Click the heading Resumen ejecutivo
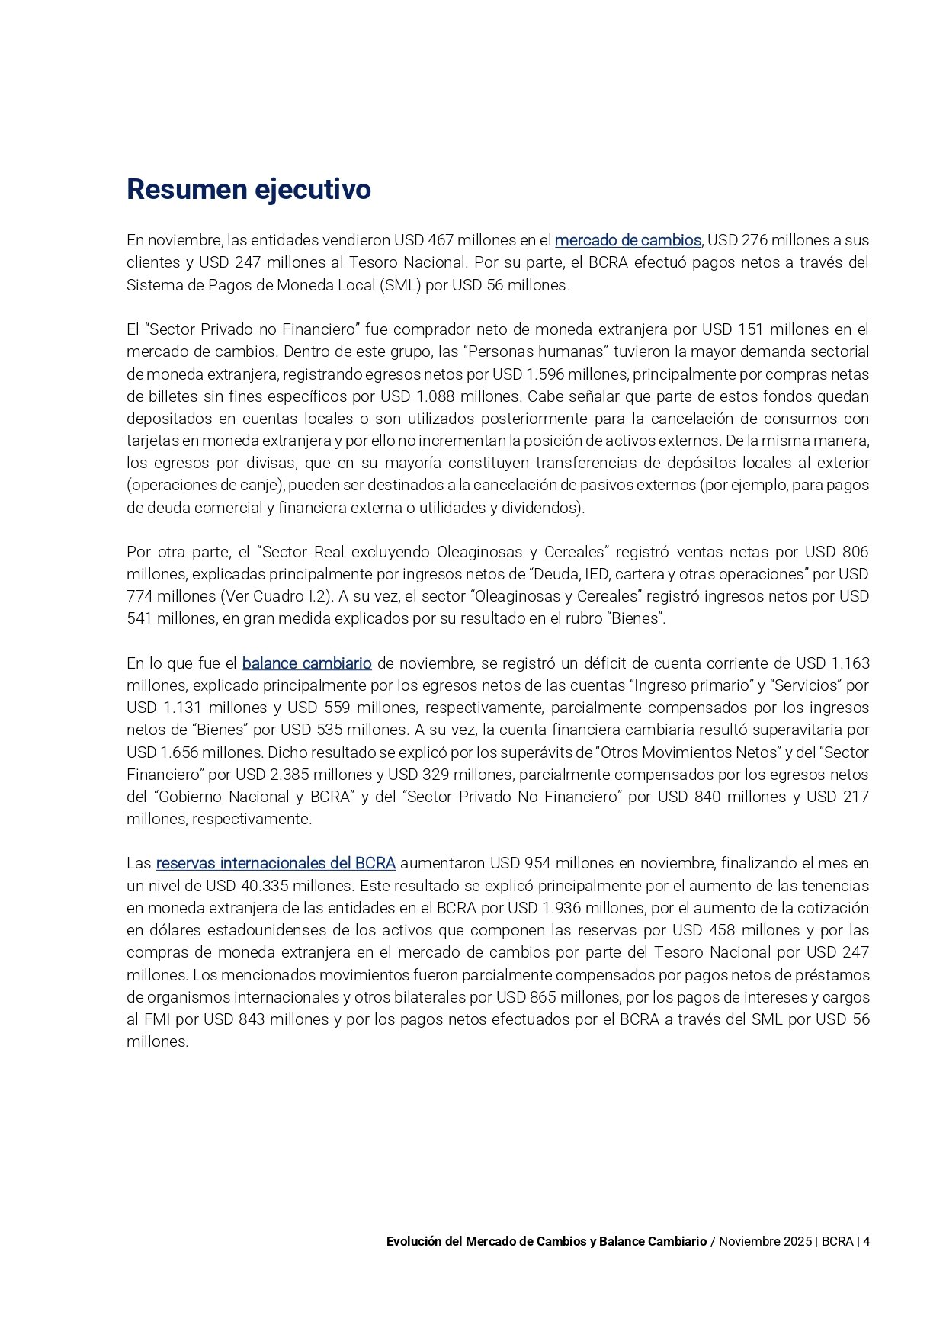pos(249,189)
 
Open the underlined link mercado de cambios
pos(627,240)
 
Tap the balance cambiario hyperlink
pos(306,663)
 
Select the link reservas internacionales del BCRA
pos(275,863)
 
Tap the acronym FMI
pos(158,1019)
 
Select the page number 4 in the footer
pos(866,1241)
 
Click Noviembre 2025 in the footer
pos(765,1241)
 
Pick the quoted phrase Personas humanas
pos(525,352)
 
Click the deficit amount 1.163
pos(850,663)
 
